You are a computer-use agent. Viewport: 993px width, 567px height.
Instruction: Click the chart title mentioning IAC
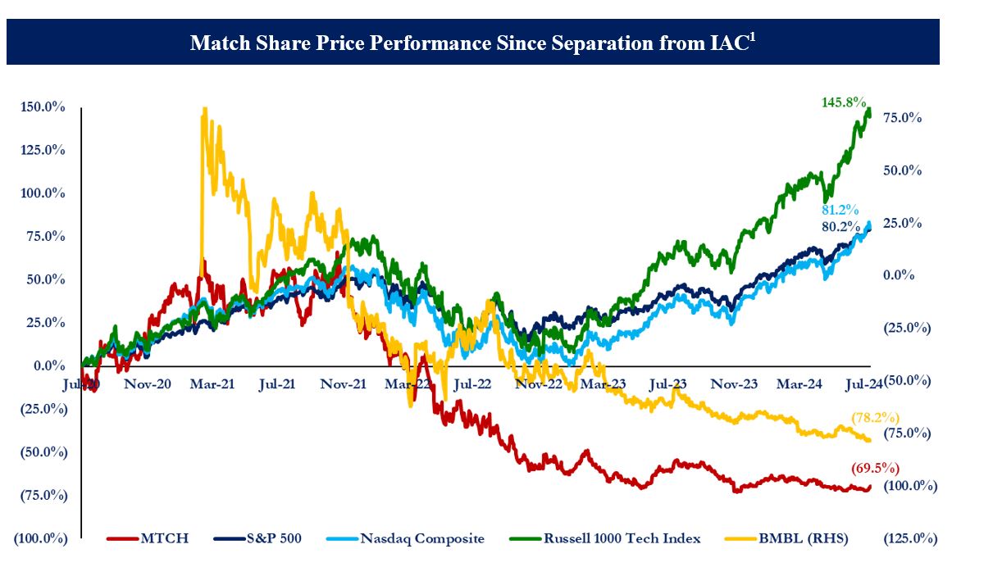coord(472,42)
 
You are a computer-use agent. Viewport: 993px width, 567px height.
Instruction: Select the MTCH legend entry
coord(148,538)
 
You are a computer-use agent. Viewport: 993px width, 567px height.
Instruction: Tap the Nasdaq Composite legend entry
coord(405,538)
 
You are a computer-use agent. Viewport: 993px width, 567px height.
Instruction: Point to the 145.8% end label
coord(844,102)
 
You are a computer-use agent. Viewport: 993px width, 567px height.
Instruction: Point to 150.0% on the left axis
coord(39,107)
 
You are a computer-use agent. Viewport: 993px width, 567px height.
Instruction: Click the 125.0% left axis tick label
coord(39,150)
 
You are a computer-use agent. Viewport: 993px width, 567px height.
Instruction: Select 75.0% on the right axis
coord(902,118)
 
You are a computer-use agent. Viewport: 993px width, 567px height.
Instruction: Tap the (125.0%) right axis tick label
coord(909,538)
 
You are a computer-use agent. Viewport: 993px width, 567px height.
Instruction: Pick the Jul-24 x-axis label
coord(863,383)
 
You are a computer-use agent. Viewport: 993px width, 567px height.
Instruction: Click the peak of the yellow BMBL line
coord(203,109)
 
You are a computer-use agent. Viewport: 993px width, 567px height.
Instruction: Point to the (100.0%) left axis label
coord(39,538)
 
